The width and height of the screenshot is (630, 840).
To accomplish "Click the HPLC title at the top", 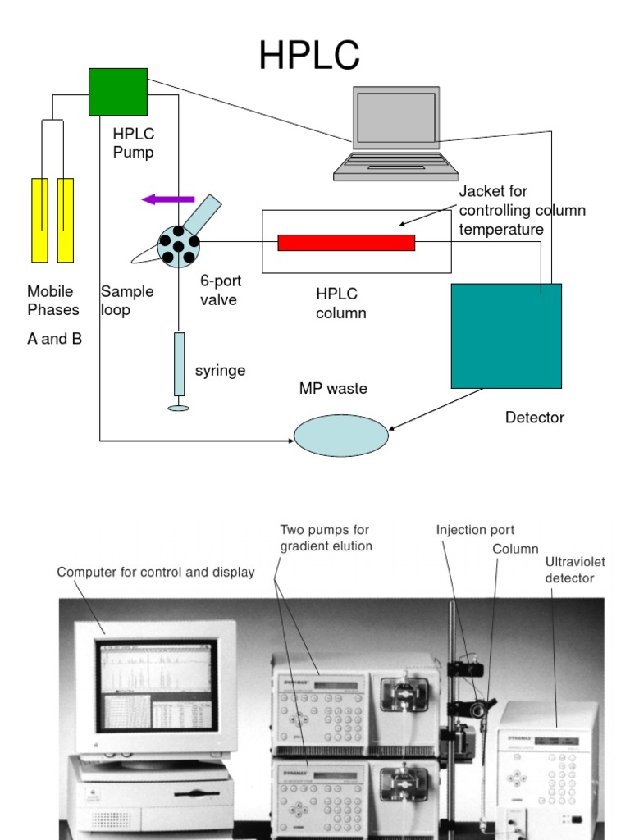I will point(308,57).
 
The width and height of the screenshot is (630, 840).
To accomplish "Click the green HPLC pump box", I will point(118,92).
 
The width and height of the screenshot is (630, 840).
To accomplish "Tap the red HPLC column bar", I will point(346,242).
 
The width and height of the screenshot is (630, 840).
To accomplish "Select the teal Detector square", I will point(506,336).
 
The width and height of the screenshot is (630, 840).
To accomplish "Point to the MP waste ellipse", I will point(340,436).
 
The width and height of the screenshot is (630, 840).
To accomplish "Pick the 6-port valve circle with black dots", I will point(178,244).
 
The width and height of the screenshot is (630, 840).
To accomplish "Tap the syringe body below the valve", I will point(179,364).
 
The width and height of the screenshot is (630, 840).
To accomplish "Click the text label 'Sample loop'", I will point(126,300).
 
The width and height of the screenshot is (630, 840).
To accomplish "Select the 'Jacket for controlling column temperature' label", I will point(522,210).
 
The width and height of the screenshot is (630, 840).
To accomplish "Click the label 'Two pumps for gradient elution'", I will point(326,537).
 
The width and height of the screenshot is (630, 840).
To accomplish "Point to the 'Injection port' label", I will point(475,530).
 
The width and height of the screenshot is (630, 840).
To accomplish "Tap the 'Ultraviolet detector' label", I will point(575,569).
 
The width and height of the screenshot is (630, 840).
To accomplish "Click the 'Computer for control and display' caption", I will point(155,572).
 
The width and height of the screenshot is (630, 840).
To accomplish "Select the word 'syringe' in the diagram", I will point(220,371).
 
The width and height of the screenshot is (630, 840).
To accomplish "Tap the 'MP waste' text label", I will point(333,388).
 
